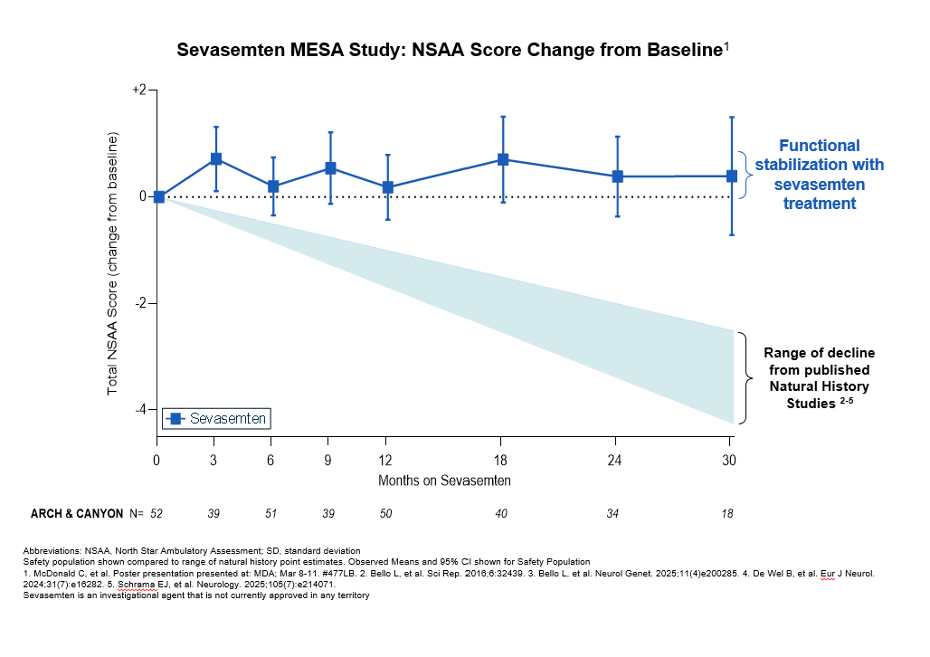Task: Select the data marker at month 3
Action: [216, 158]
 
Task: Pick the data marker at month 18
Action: [503, 159]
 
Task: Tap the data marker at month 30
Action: [731, 176]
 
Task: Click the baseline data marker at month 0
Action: [159, 196]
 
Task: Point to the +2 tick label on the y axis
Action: [138, 90]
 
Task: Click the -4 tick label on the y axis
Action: [140, 410]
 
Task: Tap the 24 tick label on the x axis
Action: [616, 461]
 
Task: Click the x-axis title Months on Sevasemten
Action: [444, 481]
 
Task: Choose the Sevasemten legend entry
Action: [216, 419]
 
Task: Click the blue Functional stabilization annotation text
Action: [820, 175]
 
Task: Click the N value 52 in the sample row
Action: [157, 514]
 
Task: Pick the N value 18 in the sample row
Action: [727, 514]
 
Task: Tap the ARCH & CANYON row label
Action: [77, 514]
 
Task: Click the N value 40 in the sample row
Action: [502, 514]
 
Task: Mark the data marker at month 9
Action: [330, 168]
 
